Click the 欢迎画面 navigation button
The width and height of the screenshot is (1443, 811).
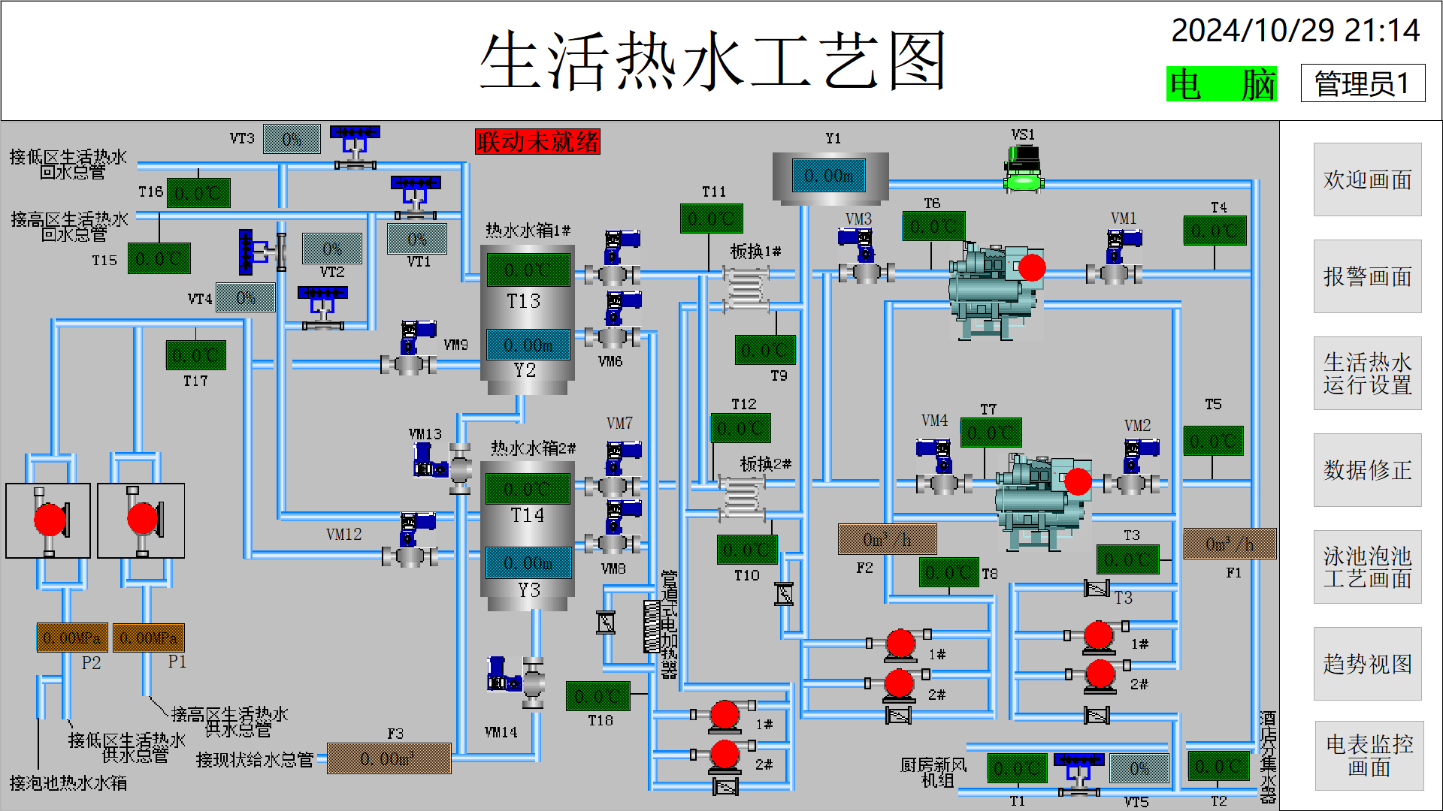(x=1367, y=179)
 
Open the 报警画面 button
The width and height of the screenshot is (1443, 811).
(x=1367, y=276)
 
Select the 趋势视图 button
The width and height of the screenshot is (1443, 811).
(x=1367, y=664)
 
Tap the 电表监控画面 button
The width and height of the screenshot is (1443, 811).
(x=1369, y=755)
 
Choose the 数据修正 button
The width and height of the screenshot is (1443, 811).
(x=1367, y=470)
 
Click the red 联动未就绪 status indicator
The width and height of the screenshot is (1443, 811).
(x=537, y=141)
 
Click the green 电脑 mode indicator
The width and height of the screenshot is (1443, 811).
(x=1221, y=84)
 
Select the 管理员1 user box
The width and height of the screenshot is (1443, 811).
(x=1363, y=83)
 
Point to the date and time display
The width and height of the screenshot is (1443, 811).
(x=1295, y=31)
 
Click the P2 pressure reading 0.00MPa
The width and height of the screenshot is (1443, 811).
(x=72, y=638)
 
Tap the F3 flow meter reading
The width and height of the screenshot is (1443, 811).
(x=389, y=758)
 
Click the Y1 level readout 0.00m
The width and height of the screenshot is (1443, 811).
(x=829, y=176)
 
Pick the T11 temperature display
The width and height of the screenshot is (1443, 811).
(x=711, y=219)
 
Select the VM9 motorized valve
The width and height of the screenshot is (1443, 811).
(x=410, y=363)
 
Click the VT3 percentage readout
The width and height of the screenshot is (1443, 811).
(x=292, y=139)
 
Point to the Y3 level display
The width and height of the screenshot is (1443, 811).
(x=528, y=562)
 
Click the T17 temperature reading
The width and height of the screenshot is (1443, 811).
(x=195, y=355)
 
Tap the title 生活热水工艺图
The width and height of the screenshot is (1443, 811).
(x=712, y=61)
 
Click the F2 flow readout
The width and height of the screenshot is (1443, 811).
(x=887, y=539)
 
